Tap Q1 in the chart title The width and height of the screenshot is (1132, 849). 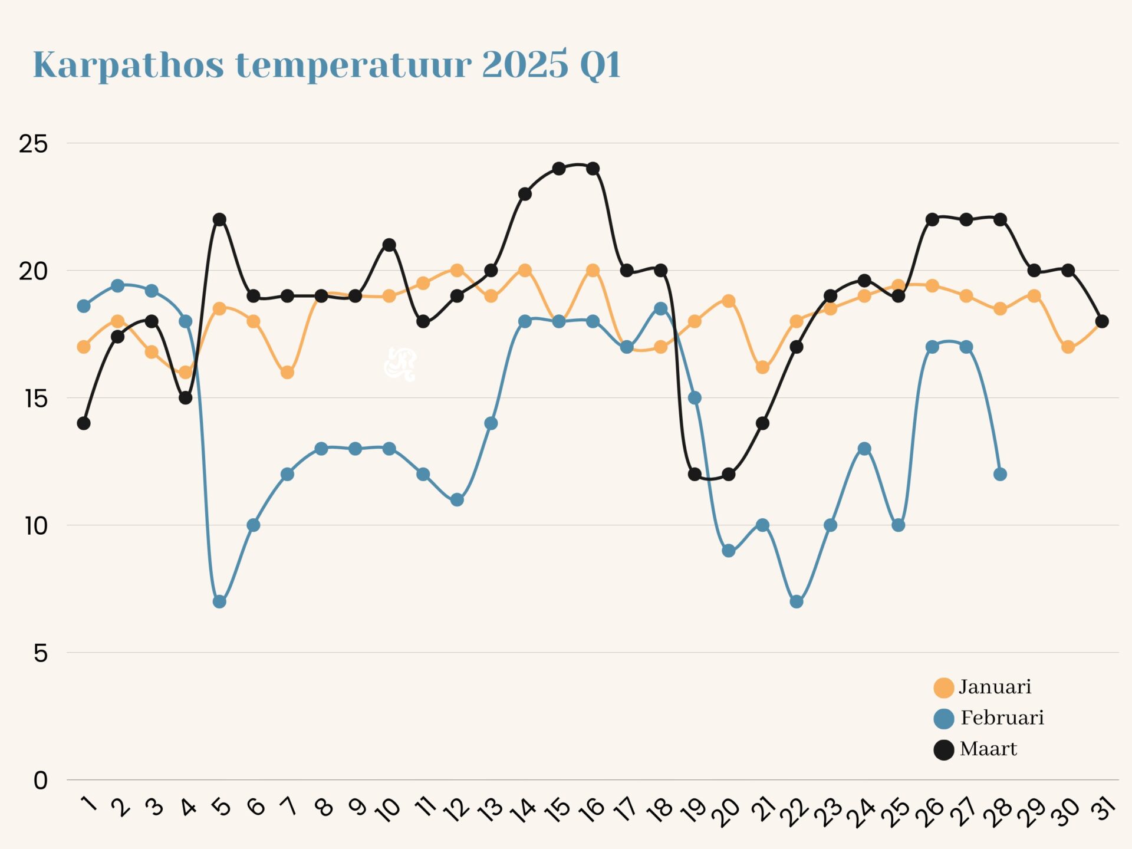coord(600,65)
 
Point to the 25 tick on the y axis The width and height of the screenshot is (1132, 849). coord(33,144)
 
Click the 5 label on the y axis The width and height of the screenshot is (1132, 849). coord(40,653)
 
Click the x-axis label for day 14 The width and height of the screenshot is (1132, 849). coord(523,810)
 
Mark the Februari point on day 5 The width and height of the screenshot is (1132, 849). coord(219,601)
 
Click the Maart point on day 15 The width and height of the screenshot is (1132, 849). coord(559,169)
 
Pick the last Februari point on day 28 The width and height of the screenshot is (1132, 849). coord(1000,474)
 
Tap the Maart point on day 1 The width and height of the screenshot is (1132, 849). coord(84,423)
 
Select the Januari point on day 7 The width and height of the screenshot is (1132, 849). coord(287,373)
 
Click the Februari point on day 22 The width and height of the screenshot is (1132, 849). coord(797,601)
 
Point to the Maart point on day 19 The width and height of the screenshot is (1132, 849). coord(695,474)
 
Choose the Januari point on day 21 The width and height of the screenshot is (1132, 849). coord(762,367)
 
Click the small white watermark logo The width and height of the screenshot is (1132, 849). coord(400,364)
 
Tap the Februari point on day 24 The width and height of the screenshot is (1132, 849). coord(864,449)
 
